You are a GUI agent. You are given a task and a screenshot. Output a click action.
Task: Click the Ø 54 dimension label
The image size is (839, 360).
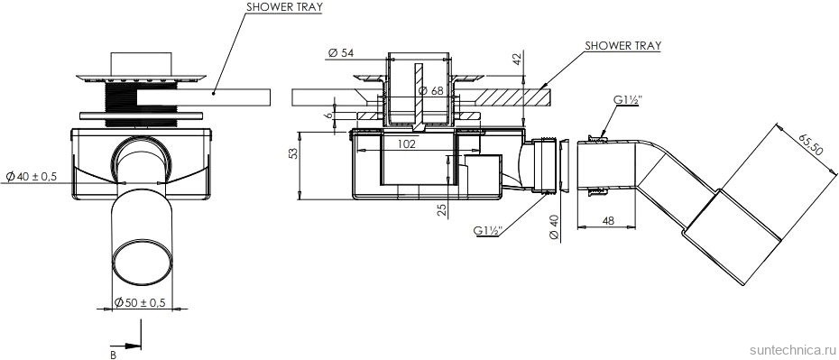[x=342, y=52]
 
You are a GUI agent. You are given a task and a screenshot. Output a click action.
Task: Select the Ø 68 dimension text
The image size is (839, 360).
[x=430, y=90]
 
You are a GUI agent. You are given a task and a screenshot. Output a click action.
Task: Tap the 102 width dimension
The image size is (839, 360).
[x=406, y=143]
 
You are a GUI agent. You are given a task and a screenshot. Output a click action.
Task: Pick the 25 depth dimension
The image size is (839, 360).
[x=442, y=208]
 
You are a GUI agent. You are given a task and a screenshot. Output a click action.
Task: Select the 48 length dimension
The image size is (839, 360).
[x=607, y=219]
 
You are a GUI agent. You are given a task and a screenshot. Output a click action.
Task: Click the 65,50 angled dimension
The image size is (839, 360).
[x=810, y=144]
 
